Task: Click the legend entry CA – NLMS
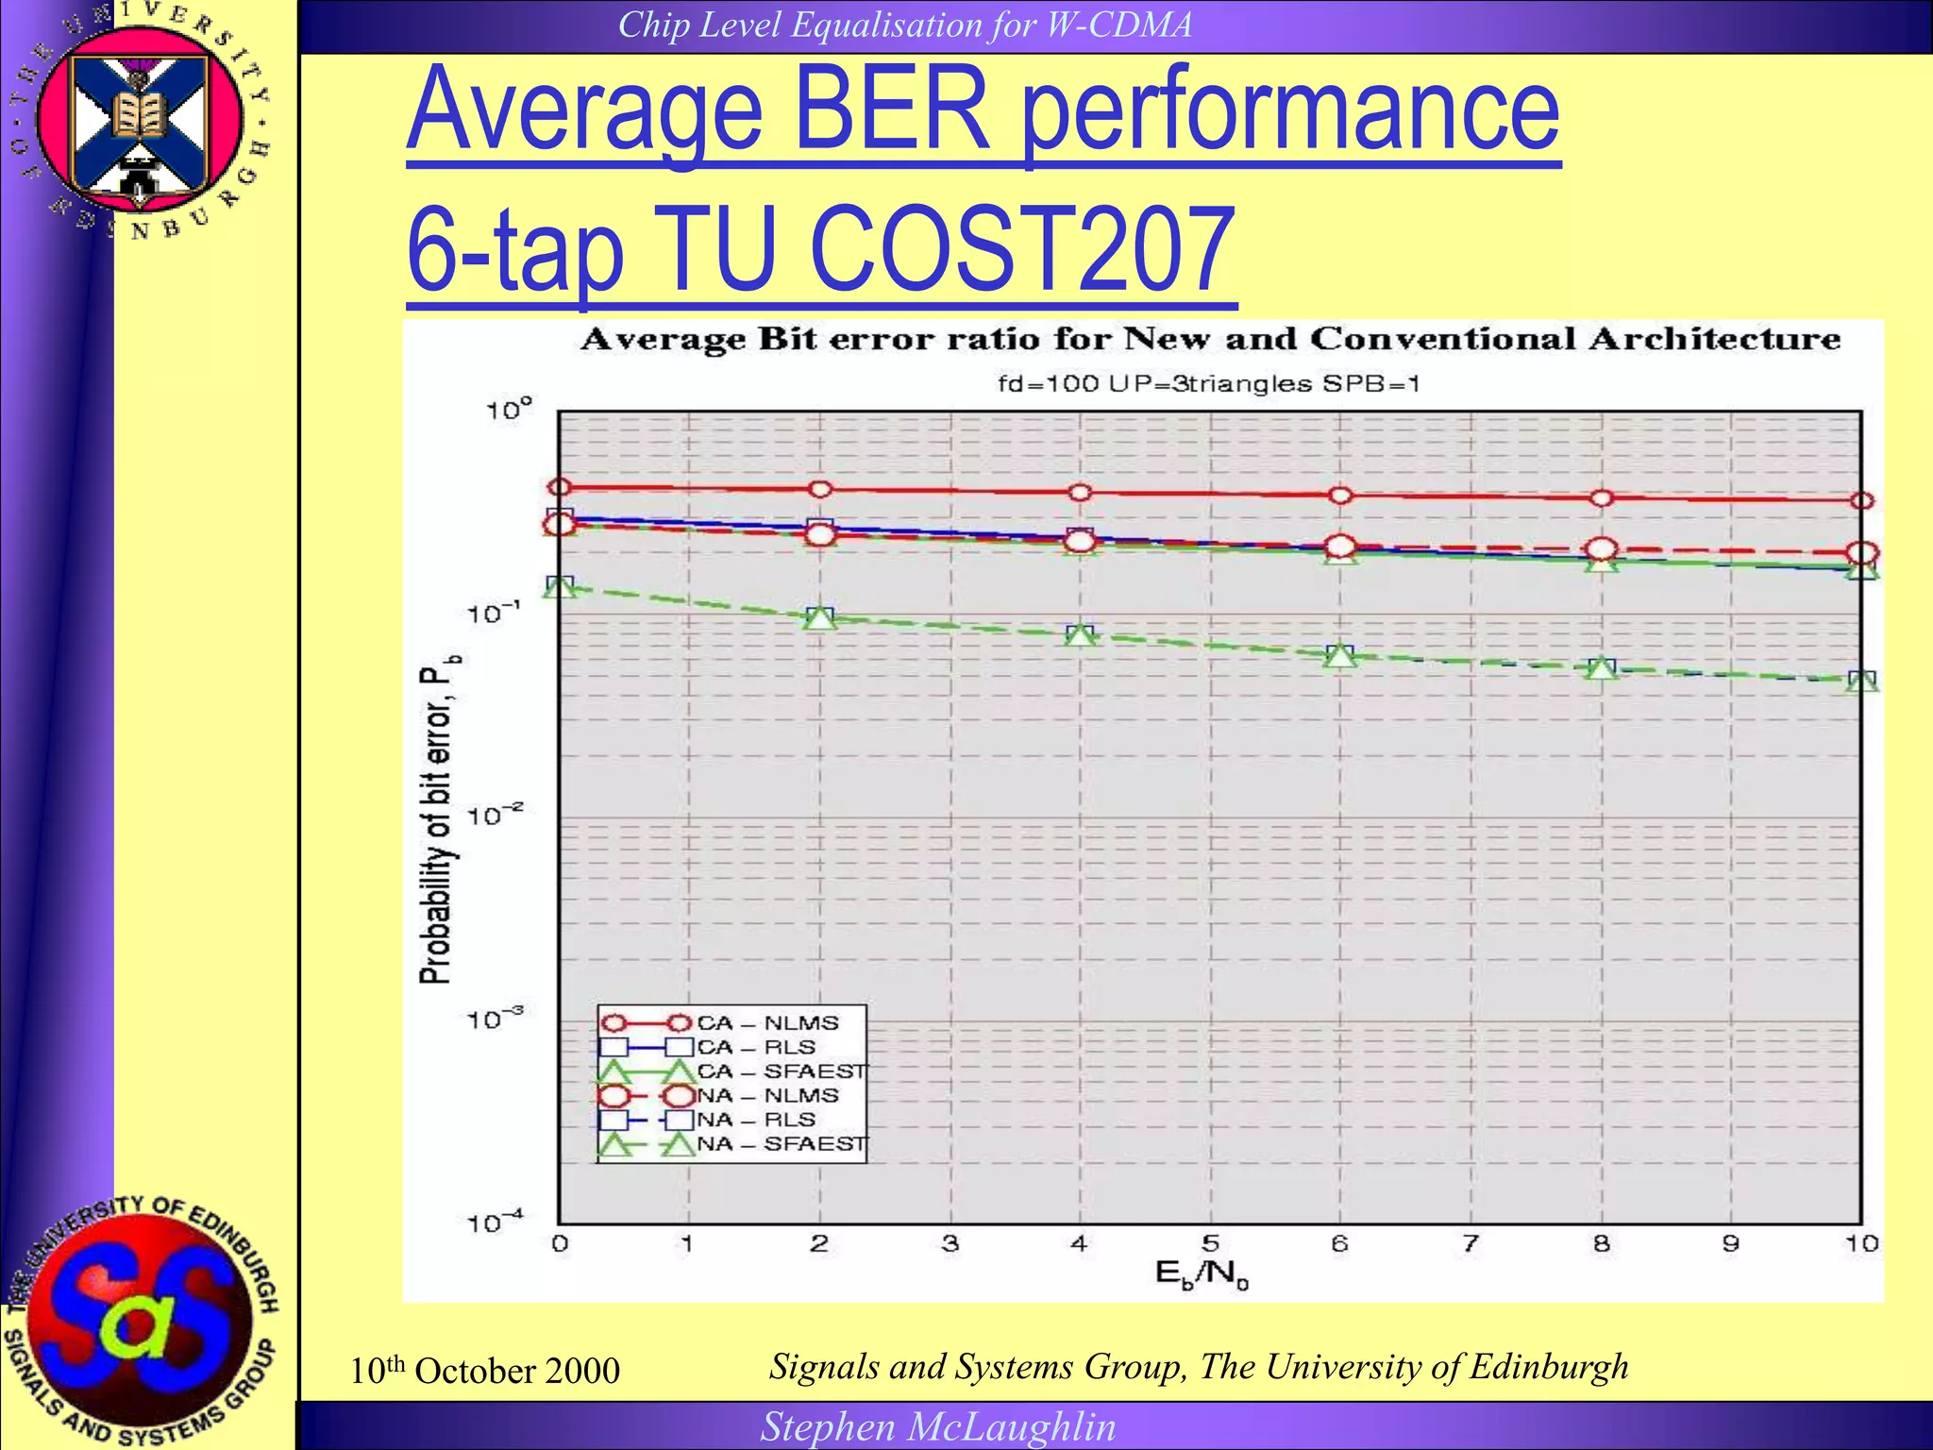pyautogui.click(x=766, y=1023)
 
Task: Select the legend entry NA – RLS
pyautogui.click(x=755, y=1121)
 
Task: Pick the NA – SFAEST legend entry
pyautogui.click(x=781, y=1144)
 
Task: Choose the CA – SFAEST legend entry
pyautogui.click(x=781, y=1071)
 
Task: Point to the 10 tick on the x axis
pyautogui.click(x=1861, y=1244)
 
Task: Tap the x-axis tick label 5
pyautogui.click(x=1210, y=1244)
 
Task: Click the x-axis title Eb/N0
pyautogui.click(x=1202, y=1274)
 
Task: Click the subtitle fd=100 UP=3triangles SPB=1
pyautogui.click(x=1209, y=384)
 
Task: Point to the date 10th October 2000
pyautogui.click(x=484, y=1371)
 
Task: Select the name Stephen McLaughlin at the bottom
pyautogui.click(x=938, y=1426)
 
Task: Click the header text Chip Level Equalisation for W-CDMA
pyautogui.click(x=904, y=25)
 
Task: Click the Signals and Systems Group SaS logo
pyautogui.click(x=142, y=1317)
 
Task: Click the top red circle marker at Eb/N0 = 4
pyautogui.click(x=1080, y=493)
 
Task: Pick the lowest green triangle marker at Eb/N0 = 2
pyautogui.click(x=819, y=618)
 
